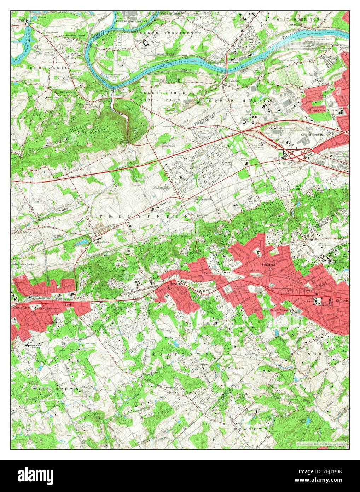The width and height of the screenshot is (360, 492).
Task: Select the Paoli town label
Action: pyautogui.click(x=68, y=304)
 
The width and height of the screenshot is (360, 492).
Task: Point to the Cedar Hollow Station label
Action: pyautogui.click(x=24, y=264)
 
